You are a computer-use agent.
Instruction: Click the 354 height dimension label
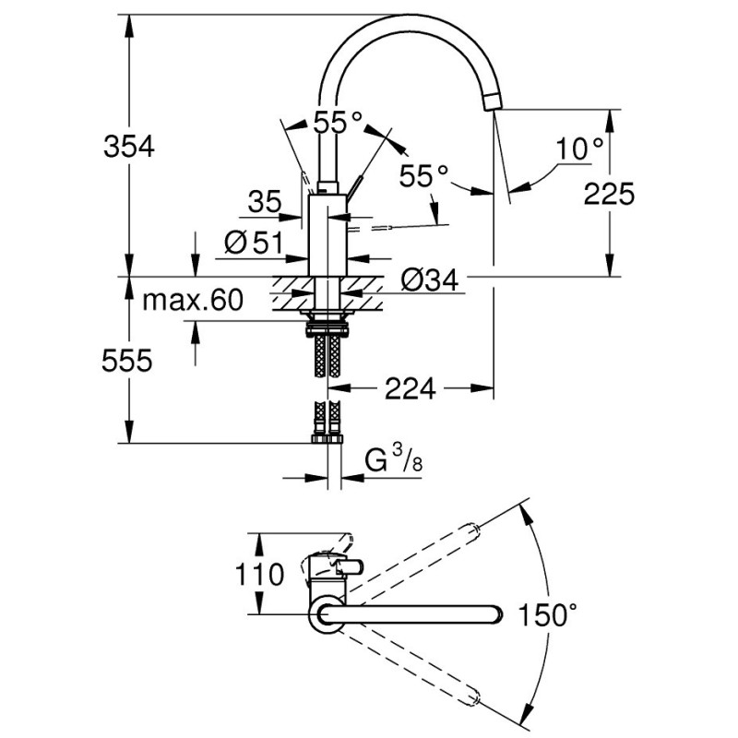(126, 146)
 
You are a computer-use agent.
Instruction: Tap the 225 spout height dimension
(609, 194)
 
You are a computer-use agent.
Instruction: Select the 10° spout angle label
(581, 148)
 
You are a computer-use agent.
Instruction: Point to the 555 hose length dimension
(126, 362)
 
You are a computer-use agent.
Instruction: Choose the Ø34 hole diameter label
(430, 278)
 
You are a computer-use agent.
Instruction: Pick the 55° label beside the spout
(425, 175)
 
